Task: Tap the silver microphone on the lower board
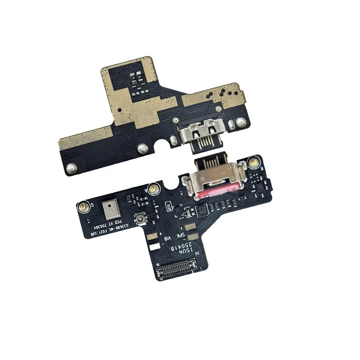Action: pos(108,209)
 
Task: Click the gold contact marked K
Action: pos(254,162)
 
